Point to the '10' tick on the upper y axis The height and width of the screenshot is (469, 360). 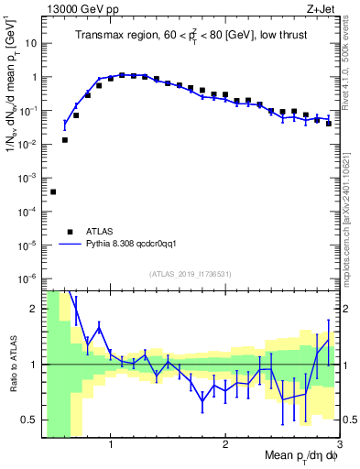tap(31, 43)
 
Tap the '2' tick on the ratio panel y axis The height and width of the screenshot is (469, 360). tap(34, 309)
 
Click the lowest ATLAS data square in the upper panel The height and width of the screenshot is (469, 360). tap(53, 191)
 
